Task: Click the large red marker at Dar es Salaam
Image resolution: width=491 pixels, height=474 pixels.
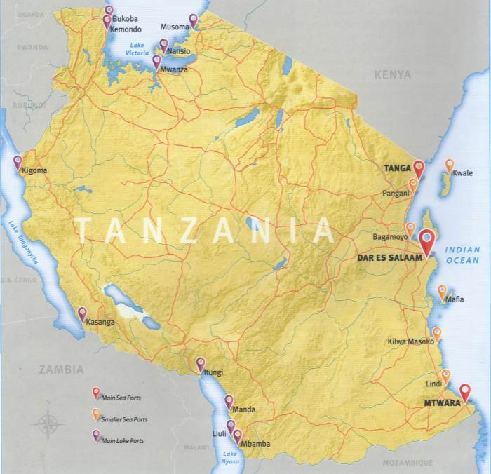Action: tap(427, 241)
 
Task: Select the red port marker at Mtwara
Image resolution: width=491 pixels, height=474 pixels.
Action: tap(464, 392)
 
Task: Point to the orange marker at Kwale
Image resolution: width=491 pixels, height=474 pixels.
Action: tap(450, 165)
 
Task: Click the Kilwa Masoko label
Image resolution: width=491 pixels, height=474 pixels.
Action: tap(411, 342)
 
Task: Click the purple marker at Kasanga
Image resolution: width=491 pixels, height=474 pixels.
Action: tap(82, 313)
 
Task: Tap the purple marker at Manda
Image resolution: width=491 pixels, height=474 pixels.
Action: tap(229, 402)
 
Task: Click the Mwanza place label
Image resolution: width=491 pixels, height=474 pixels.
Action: tap(176, 71)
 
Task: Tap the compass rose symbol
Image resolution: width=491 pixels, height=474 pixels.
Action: tap(49, 424)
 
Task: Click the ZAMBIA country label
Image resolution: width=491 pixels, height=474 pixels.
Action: tap(61, 369)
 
